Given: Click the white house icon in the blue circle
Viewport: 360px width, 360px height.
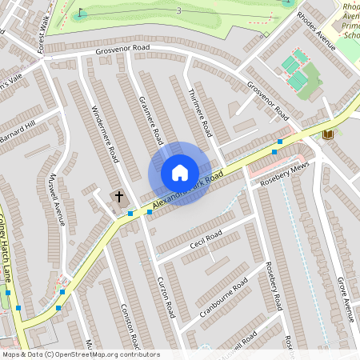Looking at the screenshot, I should click(x=180, y=173).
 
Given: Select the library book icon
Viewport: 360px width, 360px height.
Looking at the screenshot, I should click(x=327, y=134).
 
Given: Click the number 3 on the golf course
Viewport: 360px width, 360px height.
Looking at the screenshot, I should click(x=178, y=10).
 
